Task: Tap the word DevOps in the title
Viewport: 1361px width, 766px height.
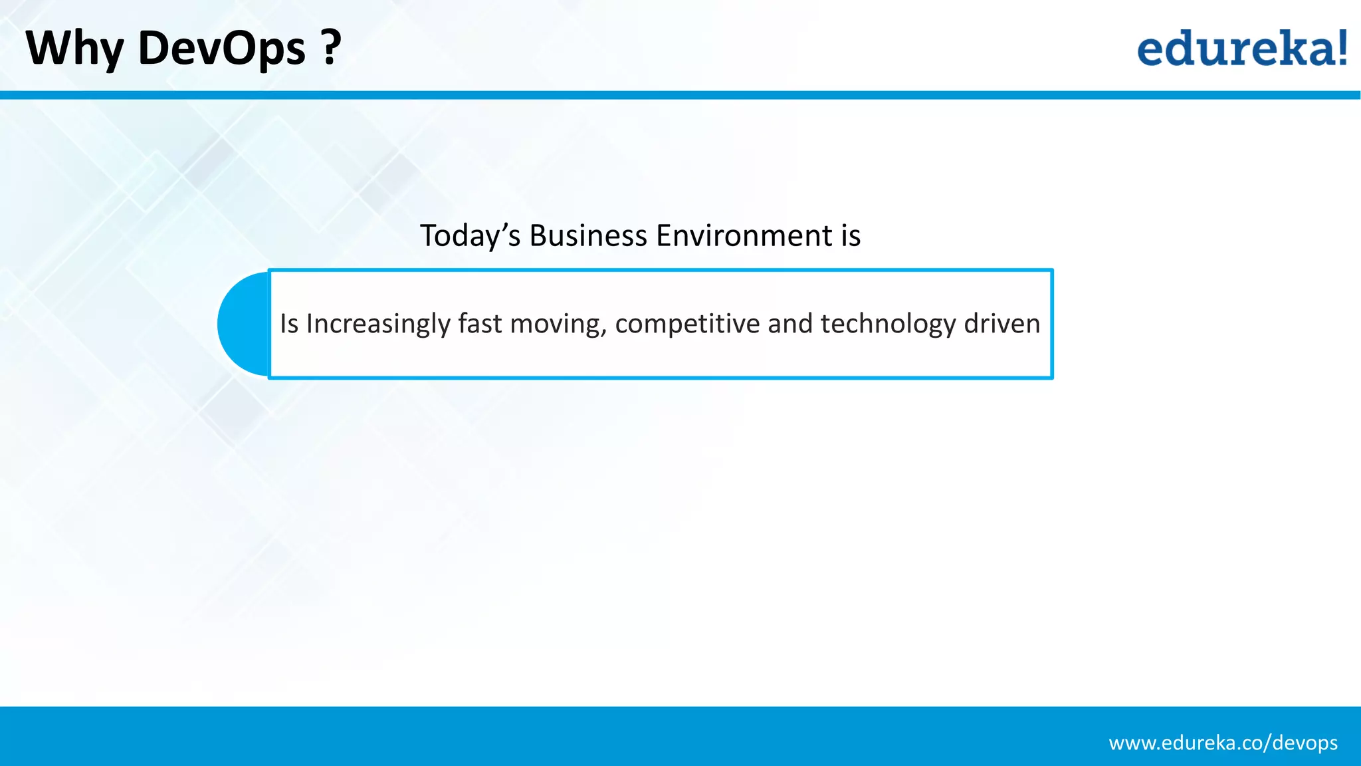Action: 221,49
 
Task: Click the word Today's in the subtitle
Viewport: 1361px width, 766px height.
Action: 469,235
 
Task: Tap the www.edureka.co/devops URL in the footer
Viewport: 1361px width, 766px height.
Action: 1223,743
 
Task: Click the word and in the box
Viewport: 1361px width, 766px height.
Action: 789,323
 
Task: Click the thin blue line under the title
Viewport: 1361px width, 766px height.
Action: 680,95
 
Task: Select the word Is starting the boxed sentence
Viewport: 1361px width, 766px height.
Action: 288,323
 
